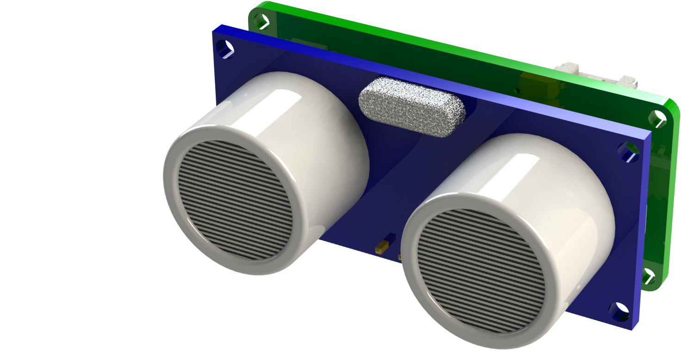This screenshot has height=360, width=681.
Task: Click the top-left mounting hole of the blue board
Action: click(226, 48)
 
